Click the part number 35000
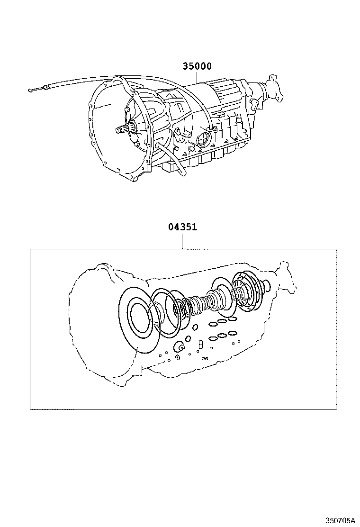[197, 67]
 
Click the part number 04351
[182, 227]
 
